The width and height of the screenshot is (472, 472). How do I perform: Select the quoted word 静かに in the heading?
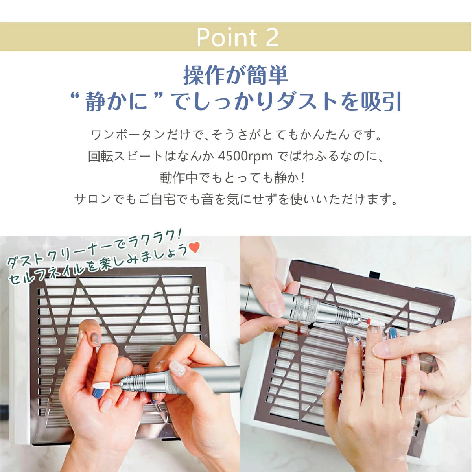[x=116, y=101]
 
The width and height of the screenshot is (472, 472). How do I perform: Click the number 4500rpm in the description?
[x=245, y=156]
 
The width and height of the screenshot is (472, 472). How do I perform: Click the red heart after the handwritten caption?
[x=194, y=247]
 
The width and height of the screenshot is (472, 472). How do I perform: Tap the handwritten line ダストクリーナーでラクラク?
[x=94, y=248]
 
